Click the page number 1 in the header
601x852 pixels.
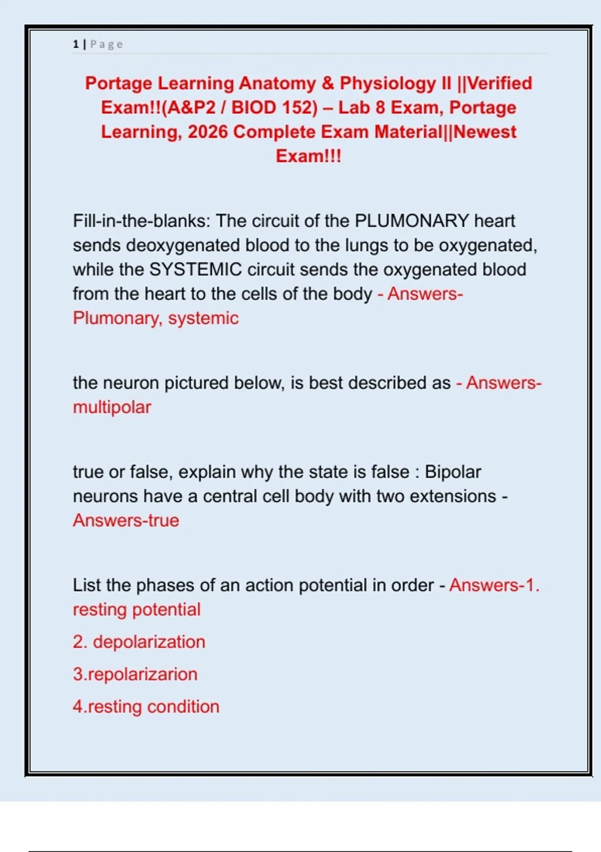point(76,44)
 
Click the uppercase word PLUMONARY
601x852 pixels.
point(412,221)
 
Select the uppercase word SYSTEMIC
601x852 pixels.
point(196,270)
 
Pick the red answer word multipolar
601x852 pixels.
point(112,407)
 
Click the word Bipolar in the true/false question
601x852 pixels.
point(453,472)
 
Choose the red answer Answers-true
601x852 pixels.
point(126,520)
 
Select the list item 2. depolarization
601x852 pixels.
point(139,642)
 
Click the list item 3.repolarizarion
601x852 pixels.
point(135,674)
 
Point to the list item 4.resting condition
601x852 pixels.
point(146,707)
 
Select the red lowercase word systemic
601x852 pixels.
point(203,318)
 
